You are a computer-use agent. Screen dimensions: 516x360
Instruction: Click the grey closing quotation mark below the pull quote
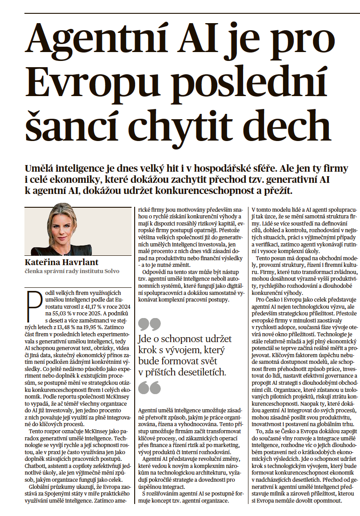[x=149, y=388]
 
